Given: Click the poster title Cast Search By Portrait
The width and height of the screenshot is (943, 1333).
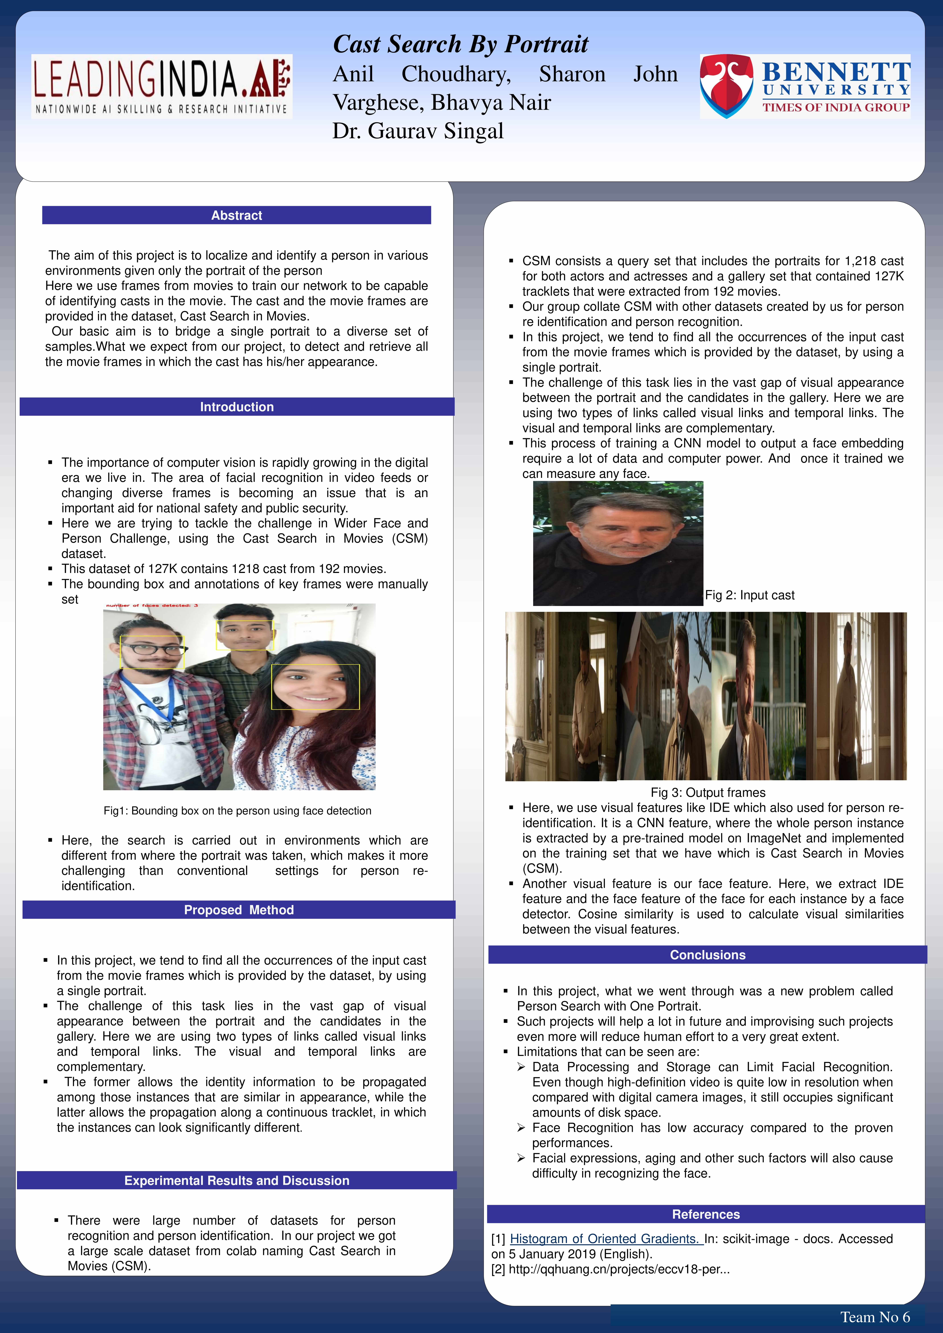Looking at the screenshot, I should [x=461, y=44].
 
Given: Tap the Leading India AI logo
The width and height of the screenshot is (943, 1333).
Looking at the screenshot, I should [x=161, y=87].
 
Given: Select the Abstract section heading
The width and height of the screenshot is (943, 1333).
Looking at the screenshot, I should [x=236, y=215].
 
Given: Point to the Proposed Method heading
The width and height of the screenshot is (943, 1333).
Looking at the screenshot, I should [x=239, y=910].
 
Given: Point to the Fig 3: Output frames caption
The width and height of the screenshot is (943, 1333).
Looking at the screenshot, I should [x=708, y=793].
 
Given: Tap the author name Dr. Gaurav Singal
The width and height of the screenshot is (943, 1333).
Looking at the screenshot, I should [x=418, y=131].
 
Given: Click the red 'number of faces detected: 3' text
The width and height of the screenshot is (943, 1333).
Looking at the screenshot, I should [x=152, y=606].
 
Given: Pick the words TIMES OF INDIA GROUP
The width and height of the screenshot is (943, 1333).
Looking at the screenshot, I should [x=836, y=107].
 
